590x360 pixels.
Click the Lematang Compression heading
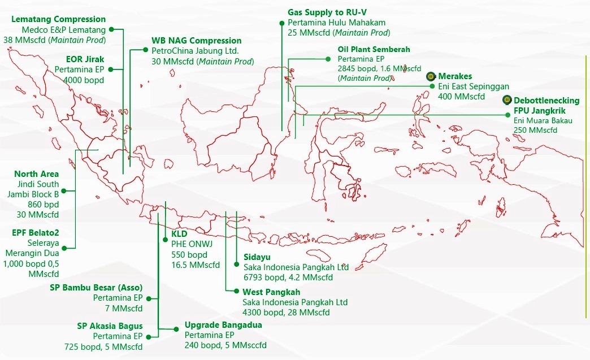(x=58, y=20)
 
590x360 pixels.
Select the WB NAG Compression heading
(x=196, y=41)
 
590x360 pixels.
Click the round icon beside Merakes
(x=431, y=76)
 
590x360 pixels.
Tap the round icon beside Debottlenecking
(x=507, y=101)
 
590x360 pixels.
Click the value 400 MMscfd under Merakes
(x=461, y=97)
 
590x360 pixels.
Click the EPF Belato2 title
(x=36, y=232)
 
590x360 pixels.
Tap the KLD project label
(x=179, y=233)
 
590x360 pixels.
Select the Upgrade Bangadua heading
(x=223, y=326)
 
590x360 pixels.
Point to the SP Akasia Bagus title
(x=110, y=326)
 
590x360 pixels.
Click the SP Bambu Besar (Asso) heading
(x=96, y=288)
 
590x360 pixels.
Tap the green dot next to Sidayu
(x=237, y=264)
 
